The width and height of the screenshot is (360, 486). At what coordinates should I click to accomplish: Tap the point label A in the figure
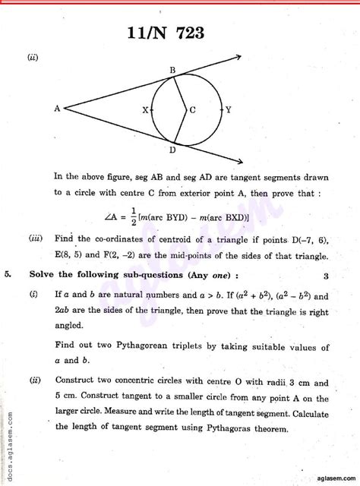[x=57, y=109]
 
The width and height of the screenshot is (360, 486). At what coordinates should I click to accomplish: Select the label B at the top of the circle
[x=173, y=71]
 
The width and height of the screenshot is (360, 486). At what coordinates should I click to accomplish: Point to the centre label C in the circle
[x=192, y=109]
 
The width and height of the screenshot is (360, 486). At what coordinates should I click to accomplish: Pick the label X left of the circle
[x=145, y=110]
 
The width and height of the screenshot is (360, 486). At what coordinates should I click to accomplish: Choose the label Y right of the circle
[x=229, y=110]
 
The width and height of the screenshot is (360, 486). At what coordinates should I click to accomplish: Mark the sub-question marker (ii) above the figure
[x=33, y=56]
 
